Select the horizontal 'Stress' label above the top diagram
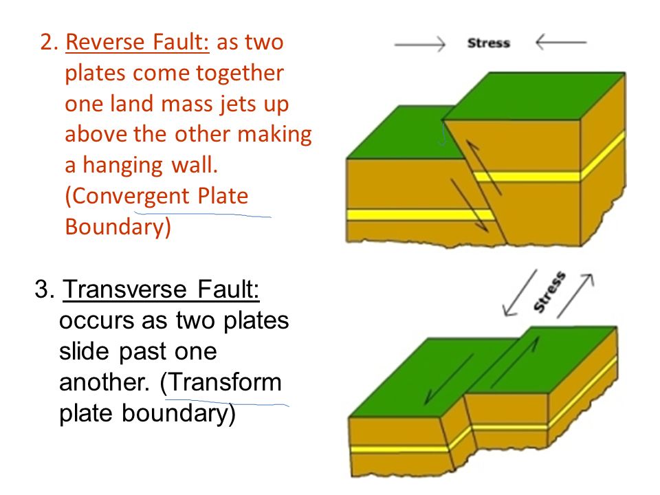click(x=489, y=43)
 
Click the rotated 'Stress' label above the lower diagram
click(x=549, y=291)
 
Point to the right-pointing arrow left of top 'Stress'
click(x=419, y=43)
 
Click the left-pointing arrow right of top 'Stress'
click(x=561, y=43)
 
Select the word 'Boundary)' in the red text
click(x=118, y=227)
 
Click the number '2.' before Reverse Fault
click(x=49, y=42)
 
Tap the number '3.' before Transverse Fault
click(x=45, y=289)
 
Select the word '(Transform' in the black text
click(x=221, y=382)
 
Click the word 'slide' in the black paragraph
click(x=84, y=351)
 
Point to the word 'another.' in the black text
click(x=104, y=382)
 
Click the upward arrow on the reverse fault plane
click(x=483, y=168)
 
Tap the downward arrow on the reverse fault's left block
click(x=470, y=205)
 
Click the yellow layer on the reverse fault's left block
click(x=421, y=214)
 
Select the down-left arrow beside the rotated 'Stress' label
click(x=520, y=293)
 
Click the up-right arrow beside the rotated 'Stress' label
click(x=575, y=296)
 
